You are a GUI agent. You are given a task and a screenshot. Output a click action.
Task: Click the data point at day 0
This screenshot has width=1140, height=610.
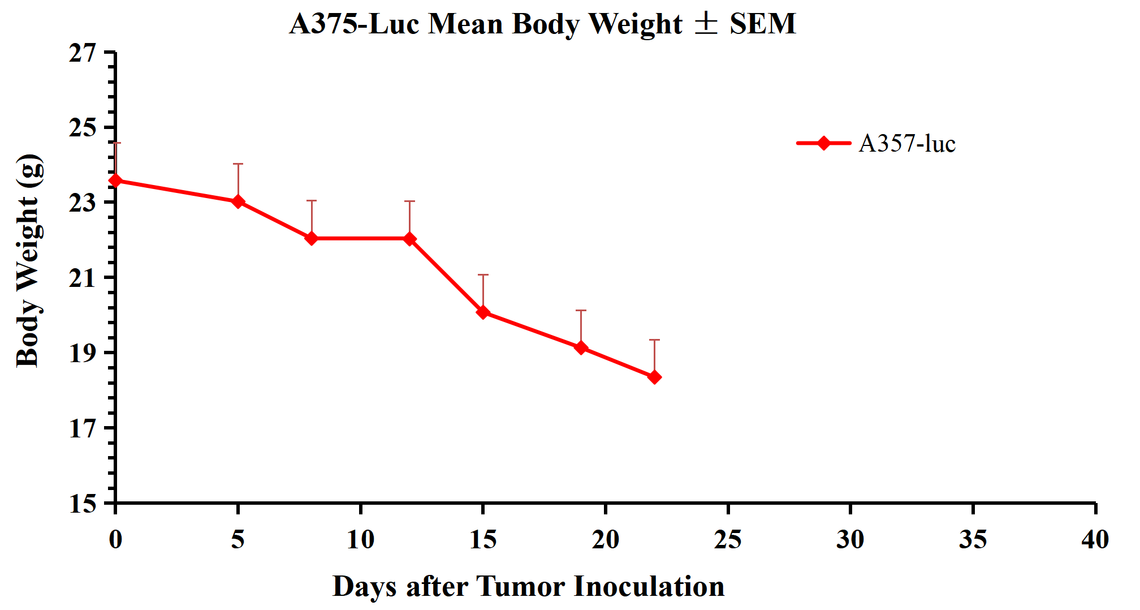tap(116, 181)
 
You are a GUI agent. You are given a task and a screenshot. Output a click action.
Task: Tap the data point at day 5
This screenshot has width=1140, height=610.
tap(238, 201)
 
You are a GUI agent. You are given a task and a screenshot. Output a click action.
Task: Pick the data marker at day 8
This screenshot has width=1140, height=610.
tap(312, 239)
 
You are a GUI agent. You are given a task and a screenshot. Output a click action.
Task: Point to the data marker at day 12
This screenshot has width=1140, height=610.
tap(410, 239)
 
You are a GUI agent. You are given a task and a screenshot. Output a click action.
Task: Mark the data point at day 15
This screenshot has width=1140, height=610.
tap(483, 312)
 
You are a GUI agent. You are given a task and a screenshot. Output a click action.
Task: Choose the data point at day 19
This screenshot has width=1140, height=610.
tap(581, 347)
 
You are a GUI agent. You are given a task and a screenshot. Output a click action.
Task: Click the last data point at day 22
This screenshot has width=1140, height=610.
tap(654, 377)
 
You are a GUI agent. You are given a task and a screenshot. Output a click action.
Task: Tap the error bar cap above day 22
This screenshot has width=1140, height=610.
tap(654, 340)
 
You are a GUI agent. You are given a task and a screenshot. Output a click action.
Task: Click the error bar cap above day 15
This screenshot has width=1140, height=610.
tap(483, 275)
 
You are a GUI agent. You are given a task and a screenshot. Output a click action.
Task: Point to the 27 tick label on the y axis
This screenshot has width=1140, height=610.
tap(83, 53)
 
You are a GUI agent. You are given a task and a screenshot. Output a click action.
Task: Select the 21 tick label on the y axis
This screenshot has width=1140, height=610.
tap(83, 278)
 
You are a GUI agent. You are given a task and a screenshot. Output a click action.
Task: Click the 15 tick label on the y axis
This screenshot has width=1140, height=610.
tap(83, 503)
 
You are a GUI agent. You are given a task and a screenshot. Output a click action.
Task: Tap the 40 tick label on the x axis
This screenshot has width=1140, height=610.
tap(1095, 539)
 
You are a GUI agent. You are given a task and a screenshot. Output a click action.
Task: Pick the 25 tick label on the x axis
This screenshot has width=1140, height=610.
tap(728, 539)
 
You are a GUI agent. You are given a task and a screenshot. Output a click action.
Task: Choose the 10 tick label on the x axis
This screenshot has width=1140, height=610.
tap(360, 539)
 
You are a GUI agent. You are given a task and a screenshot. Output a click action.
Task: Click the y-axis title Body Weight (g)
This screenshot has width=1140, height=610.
tap(28, 261)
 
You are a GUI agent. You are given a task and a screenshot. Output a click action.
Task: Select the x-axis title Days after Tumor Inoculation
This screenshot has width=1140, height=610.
tap(528, 586)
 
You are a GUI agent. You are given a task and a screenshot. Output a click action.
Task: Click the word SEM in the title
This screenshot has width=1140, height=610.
tap(762, 24)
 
